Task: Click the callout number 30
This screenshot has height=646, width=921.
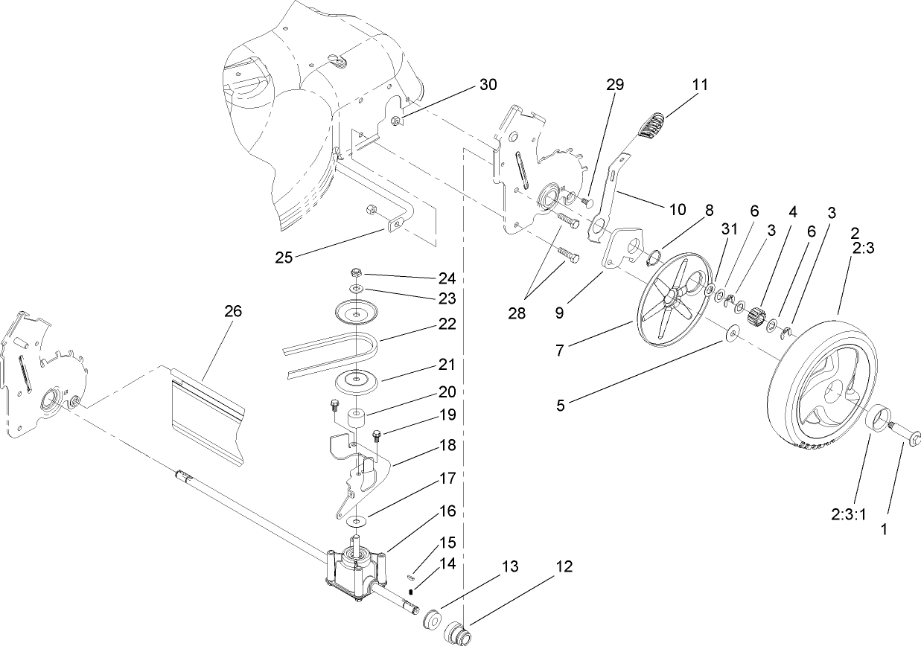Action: pos(487,84)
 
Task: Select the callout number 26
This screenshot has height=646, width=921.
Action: pos(233,311)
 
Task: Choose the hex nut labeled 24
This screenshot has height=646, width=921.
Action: pos(356,272)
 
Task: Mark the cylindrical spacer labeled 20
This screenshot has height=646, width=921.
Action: pos(356,419)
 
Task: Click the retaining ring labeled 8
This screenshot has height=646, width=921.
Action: pos(653,258)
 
